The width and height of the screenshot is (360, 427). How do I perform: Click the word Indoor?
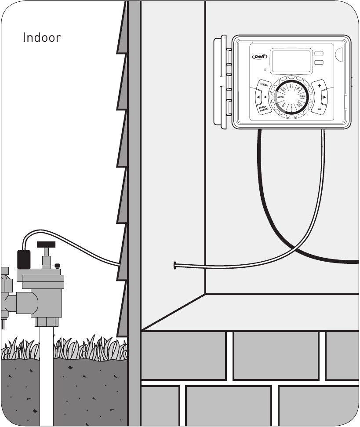[42, 38]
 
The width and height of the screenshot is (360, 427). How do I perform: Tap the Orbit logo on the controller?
[259, 56]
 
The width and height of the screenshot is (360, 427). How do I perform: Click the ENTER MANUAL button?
[264, 109]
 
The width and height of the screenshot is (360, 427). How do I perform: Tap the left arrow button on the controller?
[258, 97]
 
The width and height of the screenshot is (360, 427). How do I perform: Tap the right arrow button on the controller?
[324, 96]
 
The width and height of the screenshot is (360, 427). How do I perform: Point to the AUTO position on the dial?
[280, 97]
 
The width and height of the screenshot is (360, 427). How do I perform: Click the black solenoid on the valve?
[23, 259]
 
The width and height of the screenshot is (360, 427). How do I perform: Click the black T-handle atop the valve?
[46, 244]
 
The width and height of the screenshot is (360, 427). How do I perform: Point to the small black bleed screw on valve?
[57, 265]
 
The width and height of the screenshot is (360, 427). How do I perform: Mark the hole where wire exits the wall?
[175, 265]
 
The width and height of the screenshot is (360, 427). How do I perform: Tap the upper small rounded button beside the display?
[319, 53]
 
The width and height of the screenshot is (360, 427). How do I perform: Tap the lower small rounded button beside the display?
[319, 63]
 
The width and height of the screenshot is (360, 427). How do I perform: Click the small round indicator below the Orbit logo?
[265, 69]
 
